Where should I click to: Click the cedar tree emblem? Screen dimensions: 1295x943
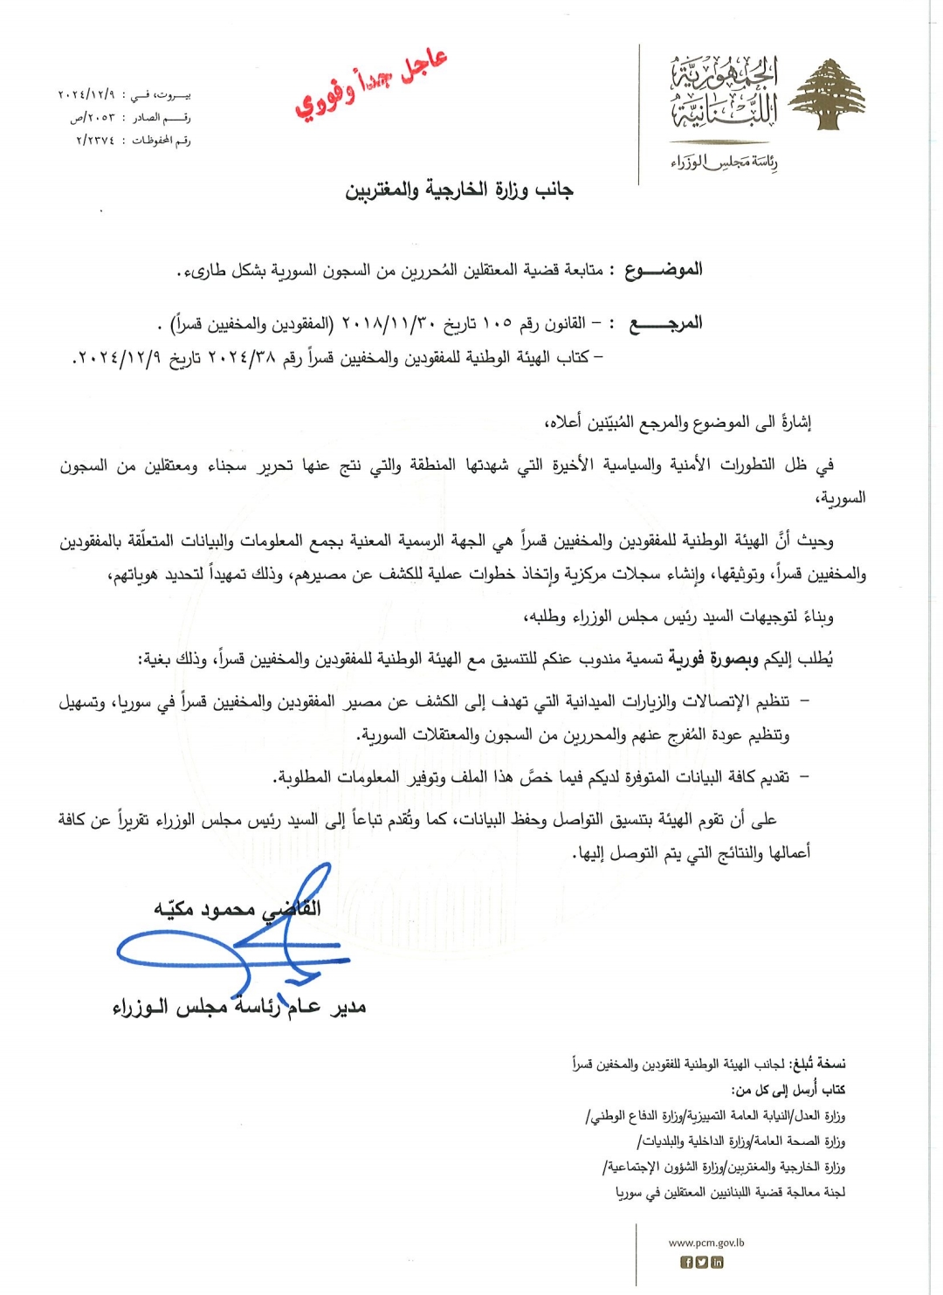point(826,95)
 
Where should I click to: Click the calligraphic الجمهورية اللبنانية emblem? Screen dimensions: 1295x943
point(724,92)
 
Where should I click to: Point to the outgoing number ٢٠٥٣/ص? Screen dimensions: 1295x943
point(93,117)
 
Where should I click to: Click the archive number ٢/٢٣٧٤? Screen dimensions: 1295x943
point(95,140)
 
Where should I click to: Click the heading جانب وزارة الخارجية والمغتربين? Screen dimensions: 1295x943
point(459,190)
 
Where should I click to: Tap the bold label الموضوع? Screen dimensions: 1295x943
point(663,270)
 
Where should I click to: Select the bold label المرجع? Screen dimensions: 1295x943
point(666,324)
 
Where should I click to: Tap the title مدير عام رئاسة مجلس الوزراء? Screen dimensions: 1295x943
point(239,1008)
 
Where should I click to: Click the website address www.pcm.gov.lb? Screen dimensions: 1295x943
point(706,1243)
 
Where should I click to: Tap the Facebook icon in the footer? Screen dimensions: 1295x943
point(686,1262)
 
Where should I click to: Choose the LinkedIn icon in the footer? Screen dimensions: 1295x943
point(717,1262)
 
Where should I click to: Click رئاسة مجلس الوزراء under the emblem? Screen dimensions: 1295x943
point(724,162)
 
